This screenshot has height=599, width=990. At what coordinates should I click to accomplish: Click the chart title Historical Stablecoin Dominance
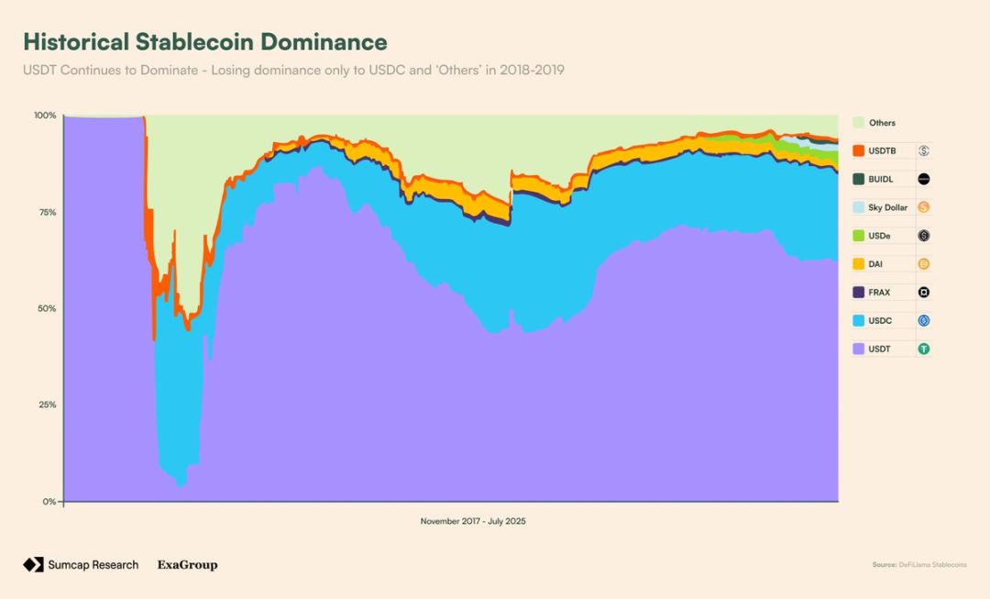[x=204, y=42]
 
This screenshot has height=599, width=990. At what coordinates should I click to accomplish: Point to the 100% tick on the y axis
[x=45, y=116]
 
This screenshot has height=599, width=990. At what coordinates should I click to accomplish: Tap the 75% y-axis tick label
[x=46, y=212]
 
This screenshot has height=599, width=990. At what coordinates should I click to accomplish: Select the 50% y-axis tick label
[x=46, y=308]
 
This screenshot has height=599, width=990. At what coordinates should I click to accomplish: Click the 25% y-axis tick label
[x=46, y=405]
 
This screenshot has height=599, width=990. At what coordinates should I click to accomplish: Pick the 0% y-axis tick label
[x=49, y=502]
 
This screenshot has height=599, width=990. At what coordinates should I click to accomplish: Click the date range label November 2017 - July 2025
[x=473, y=521]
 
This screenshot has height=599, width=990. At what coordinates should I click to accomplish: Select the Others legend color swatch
[x=858, y=123]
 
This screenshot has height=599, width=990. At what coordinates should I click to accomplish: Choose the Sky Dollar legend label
[x=887, y=208]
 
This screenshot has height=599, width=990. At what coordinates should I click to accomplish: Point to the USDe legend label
[x=879, y=236]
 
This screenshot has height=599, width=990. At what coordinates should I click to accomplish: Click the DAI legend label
[x=874, y=264]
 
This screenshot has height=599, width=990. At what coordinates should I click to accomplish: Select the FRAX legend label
[x=878, y=293]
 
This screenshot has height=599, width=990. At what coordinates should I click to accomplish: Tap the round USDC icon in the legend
[x=924, y=321]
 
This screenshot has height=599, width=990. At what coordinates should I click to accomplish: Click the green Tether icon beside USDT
[x=924, y=349]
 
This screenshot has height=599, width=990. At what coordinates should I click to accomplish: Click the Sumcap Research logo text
[x=93, y=565]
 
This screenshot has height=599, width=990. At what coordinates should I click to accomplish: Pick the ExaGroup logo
[x=187, y=565]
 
